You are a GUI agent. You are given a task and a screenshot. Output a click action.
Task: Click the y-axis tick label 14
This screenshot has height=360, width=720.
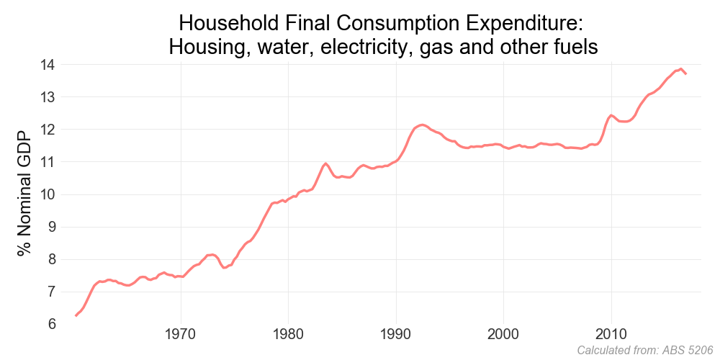[x=49, y=65]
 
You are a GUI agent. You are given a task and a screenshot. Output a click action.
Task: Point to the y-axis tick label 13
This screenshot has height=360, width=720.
[x=49, y=97]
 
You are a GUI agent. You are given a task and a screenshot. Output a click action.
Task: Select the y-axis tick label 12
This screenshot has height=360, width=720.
[x=49, y=130]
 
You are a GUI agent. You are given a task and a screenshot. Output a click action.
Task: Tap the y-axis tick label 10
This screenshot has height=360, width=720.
[x=49, y=194]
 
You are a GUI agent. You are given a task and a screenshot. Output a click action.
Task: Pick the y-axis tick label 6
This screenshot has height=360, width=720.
[x=53, y=324]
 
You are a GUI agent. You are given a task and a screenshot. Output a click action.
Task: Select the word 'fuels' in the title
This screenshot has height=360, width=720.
[x=573, y=48]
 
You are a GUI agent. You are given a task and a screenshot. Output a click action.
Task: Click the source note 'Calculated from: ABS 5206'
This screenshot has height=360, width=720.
[x=646, y=351]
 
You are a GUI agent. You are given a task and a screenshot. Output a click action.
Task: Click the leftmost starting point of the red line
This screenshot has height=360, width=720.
[x=76, y=315]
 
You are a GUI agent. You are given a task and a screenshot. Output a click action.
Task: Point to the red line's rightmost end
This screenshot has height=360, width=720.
[x=686, y=73]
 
